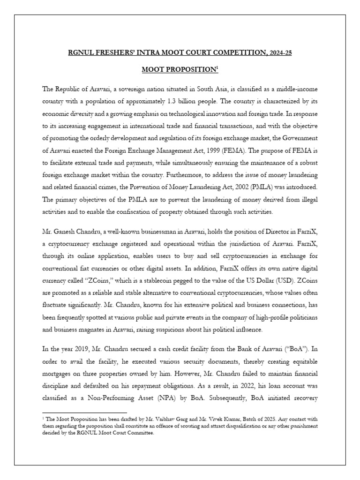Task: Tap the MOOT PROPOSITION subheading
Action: (x=180, y=69)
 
